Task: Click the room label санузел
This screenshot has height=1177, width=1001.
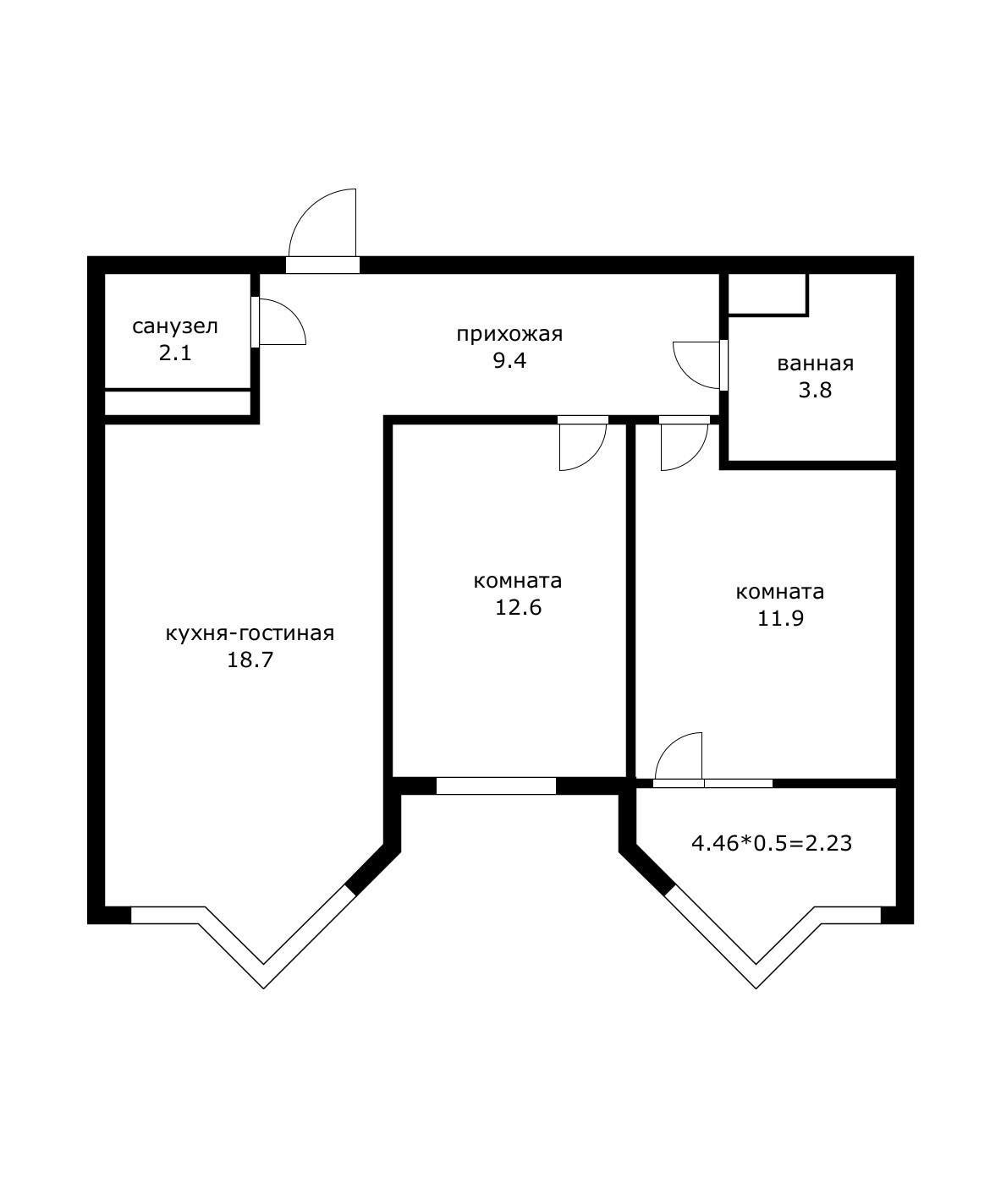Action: pyautogui.click(x=175, y=327)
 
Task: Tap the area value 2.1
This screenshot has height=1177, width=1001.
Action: pyautogui.click(x=175, y=353)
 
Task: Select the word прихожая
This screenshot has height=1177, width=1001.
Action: pyautogui.click(x=509, y=334)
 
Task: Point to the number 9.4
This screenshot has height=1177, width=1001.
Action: pyautogui.click(x=509, y=361)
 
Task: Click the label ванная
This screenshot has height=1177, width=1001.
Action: pyautogui.click(x=816, y=364)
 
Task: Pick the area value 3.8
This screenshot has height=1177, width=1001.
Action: pyautogui.click(x=816, y=391)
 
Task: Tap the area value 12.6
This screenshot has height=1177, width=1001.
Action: pyautogui.click(x=518, y=608)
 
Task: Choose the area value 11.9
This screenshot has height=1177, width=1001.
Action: pyautogui.click(x=780, y=618)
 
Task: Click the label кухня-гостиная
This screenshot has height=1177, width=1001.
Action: pyautogui.click(x=250, y=634)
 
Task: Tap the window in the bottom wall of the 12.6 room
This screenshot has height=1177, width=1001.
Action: pyautogui.click(x=496, y=786)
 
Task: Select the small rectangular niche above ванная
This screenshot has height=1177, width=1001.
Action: pyautogui.click(x=767, y=293)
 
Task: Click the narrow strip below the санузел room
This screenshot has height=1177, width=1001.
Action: pyautogui.click(x=178, y=403)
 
